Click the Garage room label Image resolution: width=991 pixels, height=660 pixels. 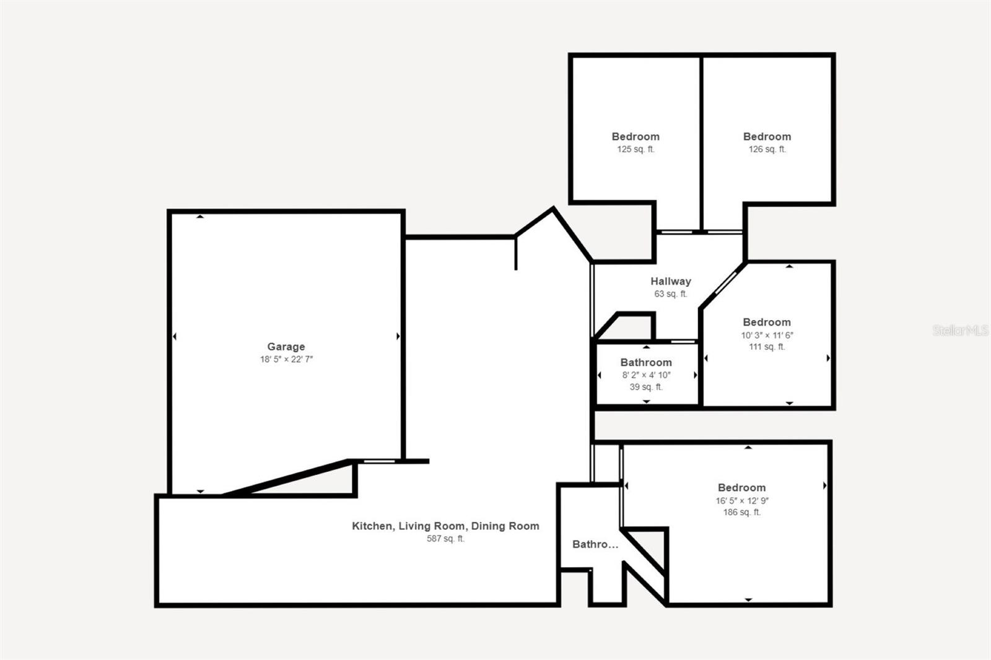coord(286,347)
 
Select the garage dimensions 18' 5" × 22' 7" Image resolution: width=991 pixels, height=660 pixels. coord(286,359)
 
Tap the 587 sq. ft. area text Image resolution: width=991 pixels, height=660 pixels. coord(445,539)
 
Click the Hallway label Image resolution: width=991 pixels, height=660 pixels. coord(670,281)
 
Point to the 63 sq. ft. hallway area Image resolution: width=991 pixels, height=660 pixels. coord(670,294)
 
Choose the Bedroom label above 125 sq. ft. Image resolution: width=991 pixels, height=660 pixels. coord(635,136)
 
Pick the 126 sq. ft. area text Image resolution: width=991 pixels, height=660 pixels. coord(767,149)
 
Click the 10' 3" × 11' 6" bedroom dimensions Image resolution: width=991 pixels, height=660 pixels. coord(767,335)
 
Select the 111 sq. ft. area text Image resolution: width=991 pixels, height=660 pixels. coord(767,347)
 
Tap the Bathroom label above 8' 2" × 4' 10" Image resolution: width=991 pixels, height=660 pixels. coord(646,362)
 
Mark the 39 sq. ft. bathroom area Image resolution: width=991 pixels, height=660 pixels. coord(646,387)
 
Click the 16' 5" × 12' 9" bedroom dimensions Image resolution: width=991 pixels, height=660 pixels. coord(742,500)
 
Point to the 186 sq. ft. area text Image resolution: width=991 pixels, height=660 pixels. coord(742,512)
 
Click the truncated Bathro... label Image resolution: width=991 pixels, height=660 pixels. coord(595,544)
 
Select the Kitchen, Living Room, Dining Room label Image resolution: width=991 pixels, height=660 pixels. coord(445,526)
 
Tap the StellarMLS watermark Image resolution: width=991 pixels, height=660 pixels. coord(960,330)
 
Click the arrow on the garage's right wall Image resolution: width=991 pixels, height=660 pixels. coord(398,336)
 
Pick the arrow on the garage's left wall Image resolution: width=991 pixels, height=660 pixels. coord(174,336)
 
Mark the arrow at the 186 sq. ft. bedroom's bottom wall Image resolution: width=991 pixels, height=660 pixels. coord(748,599)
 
